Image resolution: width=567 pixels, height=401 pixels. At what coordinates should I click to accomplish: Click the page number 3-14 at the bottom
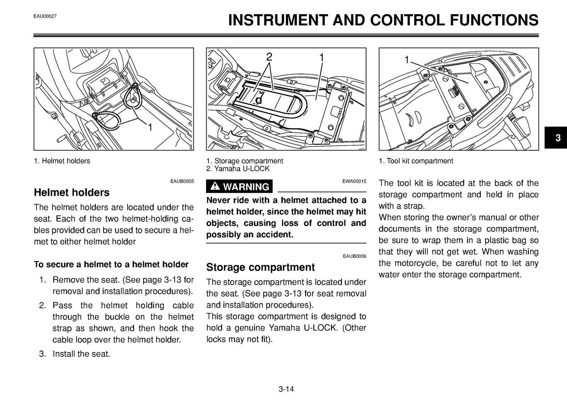(286, 389)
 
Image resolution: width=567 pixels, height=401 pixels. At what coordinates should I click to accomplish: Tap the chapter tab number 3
(558, 138)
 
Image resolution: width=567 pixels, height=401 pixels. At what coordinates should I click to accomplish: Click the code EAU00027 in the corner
(45, 16)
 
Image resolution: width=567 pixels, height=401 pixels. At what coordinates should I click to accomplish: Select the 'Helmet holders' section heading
(72, 193)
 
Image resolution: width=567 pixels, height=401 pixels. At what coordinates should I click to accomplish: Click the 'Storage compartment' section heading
(260, 267)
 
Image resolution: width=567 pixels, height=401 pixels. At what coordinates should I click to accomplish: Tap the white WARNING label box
(239, 186)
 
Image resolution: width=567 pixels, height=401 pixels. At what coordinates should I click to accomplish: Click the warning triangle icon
(215, 186)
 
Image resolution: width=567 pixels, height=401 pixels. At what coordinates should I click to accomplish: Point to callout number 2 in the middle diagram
(269, 57)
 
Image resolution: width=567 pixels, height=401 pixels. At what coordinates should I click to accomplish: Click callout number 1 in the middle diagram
(321, 58)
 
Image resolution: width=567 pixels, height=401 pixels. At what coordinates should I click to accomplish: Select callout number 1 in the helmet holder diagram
(150, 127)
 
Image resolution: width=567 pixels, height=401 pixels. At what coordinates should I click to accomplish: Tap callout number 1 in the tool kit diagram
(406, 60)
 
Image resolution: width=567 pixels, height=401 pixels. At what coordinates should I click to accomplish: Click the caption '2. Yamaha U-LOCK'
(238, 169)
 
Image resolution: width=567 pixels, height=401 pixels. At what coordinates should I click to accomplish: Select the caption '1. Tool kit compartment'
(416, 161)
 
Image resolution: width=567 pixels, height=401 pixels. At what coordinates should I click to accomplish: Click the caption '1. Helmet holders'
(62, 161)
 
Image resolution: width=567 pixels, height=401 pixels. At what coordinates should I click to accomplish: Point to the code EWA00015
(354, 181)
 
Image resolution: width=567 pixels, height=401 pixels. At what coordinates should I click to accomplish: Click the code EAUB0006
(354, 256)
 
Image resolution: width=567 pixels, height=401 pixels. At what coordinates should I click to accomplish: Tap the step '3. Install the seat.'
(75, 354)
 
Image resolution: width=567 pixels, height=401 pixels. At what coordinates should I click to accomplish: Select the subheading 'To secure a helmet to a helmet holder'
(111, 265)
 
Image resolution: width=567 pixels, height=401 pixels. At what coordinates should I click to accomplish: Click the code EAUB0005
(182, 181)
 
